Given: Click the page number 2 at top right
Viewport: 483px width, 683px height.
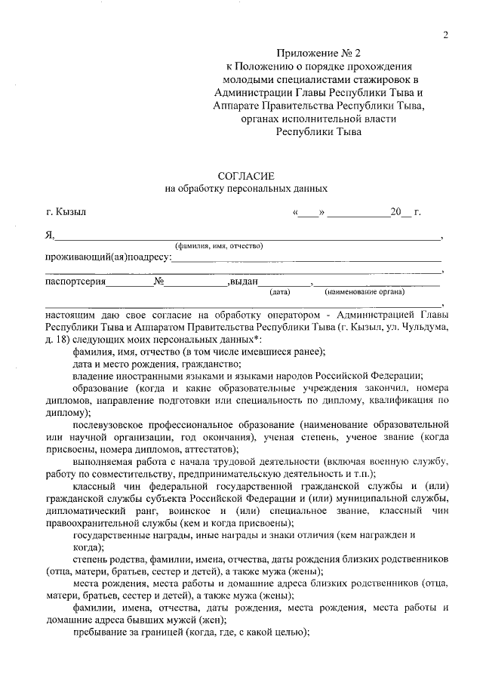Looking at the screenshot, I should (446, 35).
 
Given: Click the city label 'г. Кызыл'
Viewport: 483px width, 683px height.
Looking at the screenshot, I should (66, 212).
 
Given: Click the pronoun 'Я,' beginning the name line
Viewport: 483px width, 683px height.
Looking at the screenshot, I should (50, 235).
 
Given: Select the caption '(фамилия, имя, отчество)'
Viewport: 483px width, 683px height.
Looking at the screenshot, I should (218, 247).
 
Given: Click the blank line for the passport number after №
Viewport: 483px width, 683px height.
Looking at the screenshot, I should (196, 285).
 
